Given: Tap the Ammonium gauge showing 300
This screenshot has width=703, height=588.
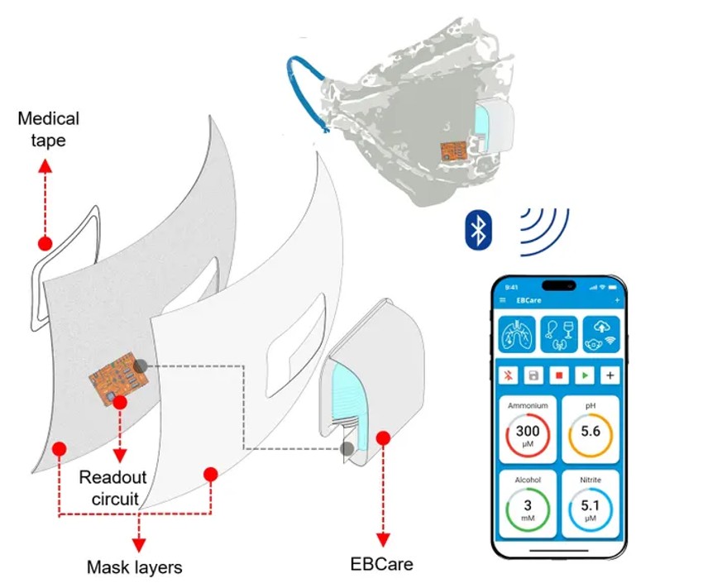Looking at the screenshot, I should (527, 435).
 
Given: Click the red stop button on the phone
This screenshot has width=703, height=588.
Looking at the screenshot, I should (558, 375).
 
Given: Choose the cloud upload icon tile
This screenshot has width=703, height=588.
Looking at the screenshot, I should (600, 335).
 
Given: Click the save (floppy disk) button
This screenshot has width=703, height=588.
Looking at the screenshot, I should (533, 375).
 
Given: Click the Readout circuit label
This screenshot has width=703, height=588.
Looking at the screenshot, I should (113, 488).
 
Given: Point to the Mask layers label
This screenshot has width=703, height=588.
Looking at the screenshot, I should (134, 567).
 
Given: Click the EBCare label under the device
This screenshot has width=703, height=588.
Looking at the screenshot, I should (381, 565).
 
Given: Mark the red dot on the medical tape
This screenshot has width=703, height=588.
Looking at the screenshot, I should (45, 244).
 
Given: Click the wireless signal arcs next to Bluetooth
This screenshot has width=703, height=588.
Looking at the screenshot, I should (542, 229).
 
